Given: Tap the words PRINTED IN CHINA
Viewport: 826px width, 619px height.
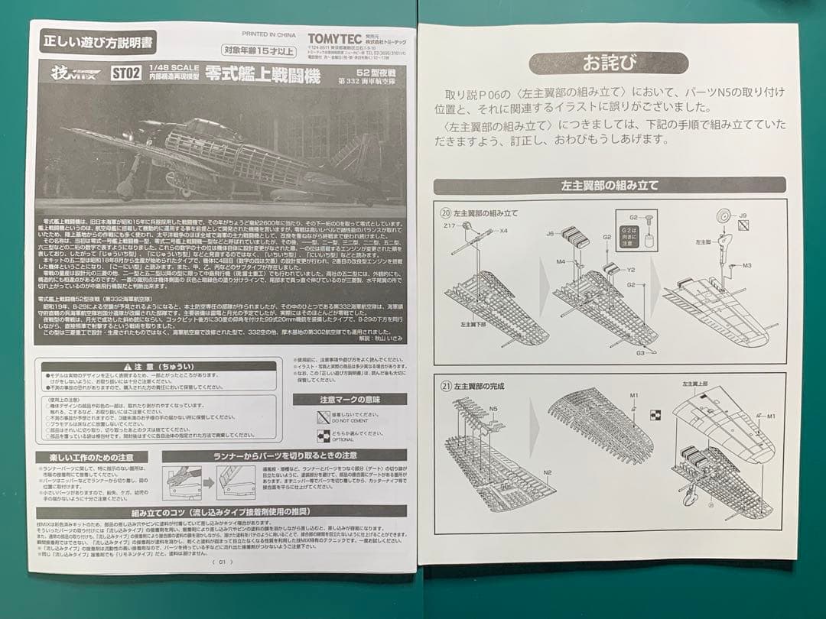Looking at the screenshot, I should (x=268, y=34).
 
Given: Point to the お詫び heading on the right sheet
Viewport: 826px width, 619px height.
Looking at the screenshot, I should (x=608, y=62).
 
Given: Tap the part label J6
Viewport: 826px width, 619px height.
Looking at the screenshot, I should (x=550, y=234).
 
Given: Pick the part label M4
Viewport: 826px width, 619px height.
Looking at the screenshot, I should (x=560, y=261).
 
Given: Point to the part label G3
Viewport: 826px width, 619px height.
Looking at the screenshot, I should (x=641, y=352).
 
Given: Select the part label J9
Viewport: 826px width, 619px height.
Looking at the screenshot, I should (x=743, y=216).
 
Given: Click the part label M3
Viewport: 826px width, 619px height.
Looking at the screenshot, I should (x=747, y=265).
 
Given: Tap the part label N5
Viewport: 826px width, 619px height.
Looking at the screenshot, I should (x=493, y=409).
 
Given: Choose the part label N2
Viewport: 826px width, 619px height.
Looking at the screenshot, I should (x=548, y=472).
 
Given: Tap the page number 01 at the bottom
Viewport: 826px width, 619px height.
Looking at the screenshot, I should (x=222, y=562).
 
